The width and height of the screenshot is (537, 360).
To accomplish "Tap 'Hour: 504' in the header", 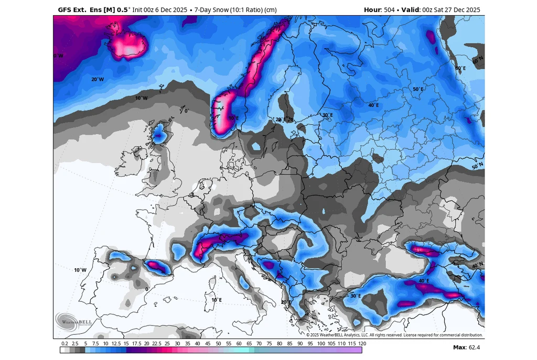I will (x=379, y=9).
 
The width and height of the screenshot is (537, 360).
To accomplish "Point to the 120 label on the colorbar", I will (x=362, y=343).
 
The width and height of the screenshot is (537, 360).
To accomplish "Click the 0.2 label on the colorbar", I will (x=65, y=343).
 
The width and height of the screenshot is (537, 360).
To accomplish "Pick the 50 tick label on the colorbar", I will (x=219, y=343).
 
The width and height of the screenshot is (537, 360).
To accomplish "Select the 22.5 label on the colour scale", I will (x=156, y=343).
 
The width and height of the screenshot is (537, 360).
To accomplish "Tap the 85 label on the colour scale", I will (x=290, y=343).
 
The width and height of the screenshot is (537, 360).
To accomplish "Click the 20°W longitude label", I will (x=98, y=79).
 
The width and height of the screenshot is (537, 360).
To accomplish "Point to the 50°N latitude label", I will (x=477, y=166).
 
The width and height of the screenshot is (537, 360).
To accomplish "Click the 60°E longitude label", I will (x=460, y=68).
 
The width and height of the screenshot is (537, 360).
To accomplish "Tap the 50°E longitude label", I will (x=417, y=89).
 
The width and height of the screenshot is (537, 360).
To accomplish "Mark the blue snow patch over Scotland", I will (x=159, y=134).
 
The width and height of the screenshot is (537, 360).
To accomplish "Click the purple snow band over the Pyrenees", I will (x=157, y=267).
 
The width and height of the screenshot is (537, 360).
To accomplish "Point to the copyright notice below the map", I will (x=394, y=335).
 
